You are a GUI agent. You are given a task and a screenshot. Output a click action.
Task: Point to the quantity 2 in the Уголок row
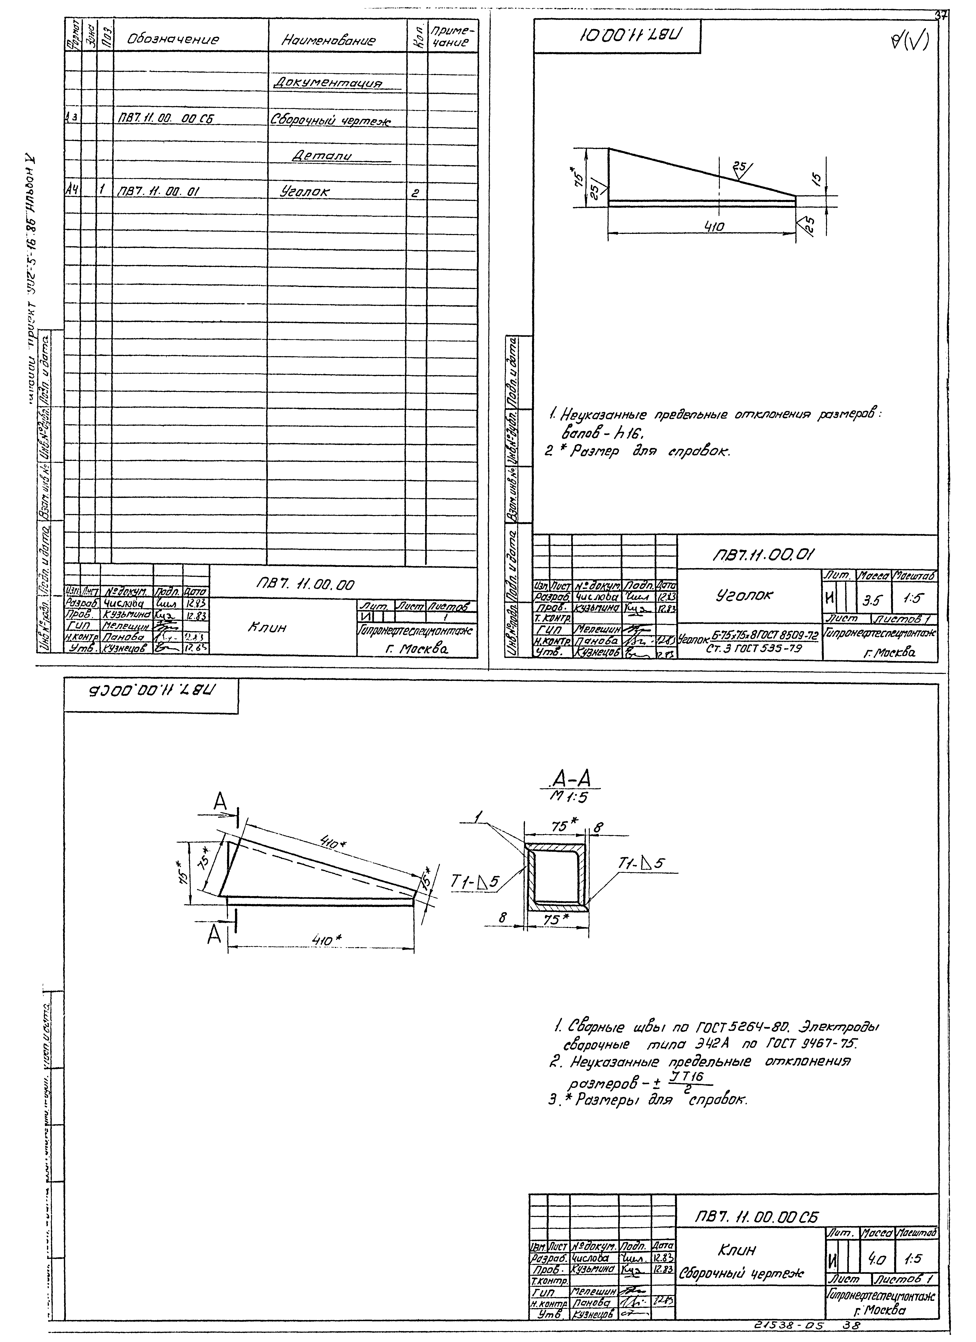pyautogui.click(x=416, y=192)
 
